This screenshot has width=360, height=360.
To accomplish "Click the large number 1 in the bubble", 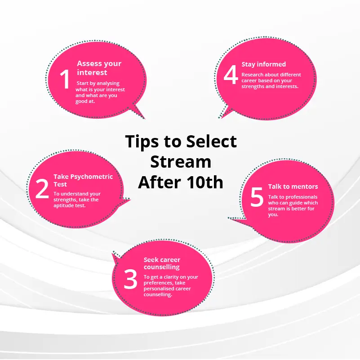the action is point(65,79).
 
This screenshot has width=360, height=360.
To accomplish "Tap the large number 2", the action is point(42,189).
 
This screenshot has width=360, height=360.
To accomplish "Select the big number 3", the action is point(130,279).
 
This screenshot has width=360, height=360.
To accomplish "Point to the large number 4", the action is point(231,75).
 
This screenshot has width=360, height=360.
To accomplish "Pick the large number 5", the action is point(257,197).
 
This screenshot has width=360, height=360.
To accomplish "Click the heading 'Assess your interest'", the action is point(99,68).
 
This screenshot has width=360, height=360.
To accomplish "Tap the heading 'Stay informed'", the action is point(263,64).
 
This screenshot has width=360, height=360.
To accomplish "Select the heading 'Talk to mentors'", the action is point(293,187).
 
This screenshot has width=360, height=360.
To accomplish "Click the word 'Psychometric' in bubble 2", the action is point(91,177).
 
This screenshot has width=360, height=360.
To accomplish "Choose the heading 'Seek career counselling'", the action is point(162,263).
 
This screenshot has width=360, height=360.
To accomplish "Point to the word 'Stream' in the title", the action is point(181,162).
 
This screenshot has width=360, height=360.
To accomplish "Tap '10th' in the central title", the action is point(204,182).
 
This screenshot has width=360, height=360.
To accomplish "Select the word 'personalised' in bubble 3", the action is point(157,289).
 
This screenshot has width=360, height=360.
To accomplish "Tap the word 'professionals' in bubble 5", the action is point(301,197).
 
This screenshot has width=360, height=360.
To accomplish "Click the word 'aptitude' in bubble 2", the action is point(62,206).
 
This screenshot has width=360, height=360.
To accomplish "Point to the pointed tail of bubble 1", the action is point(145,119).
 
